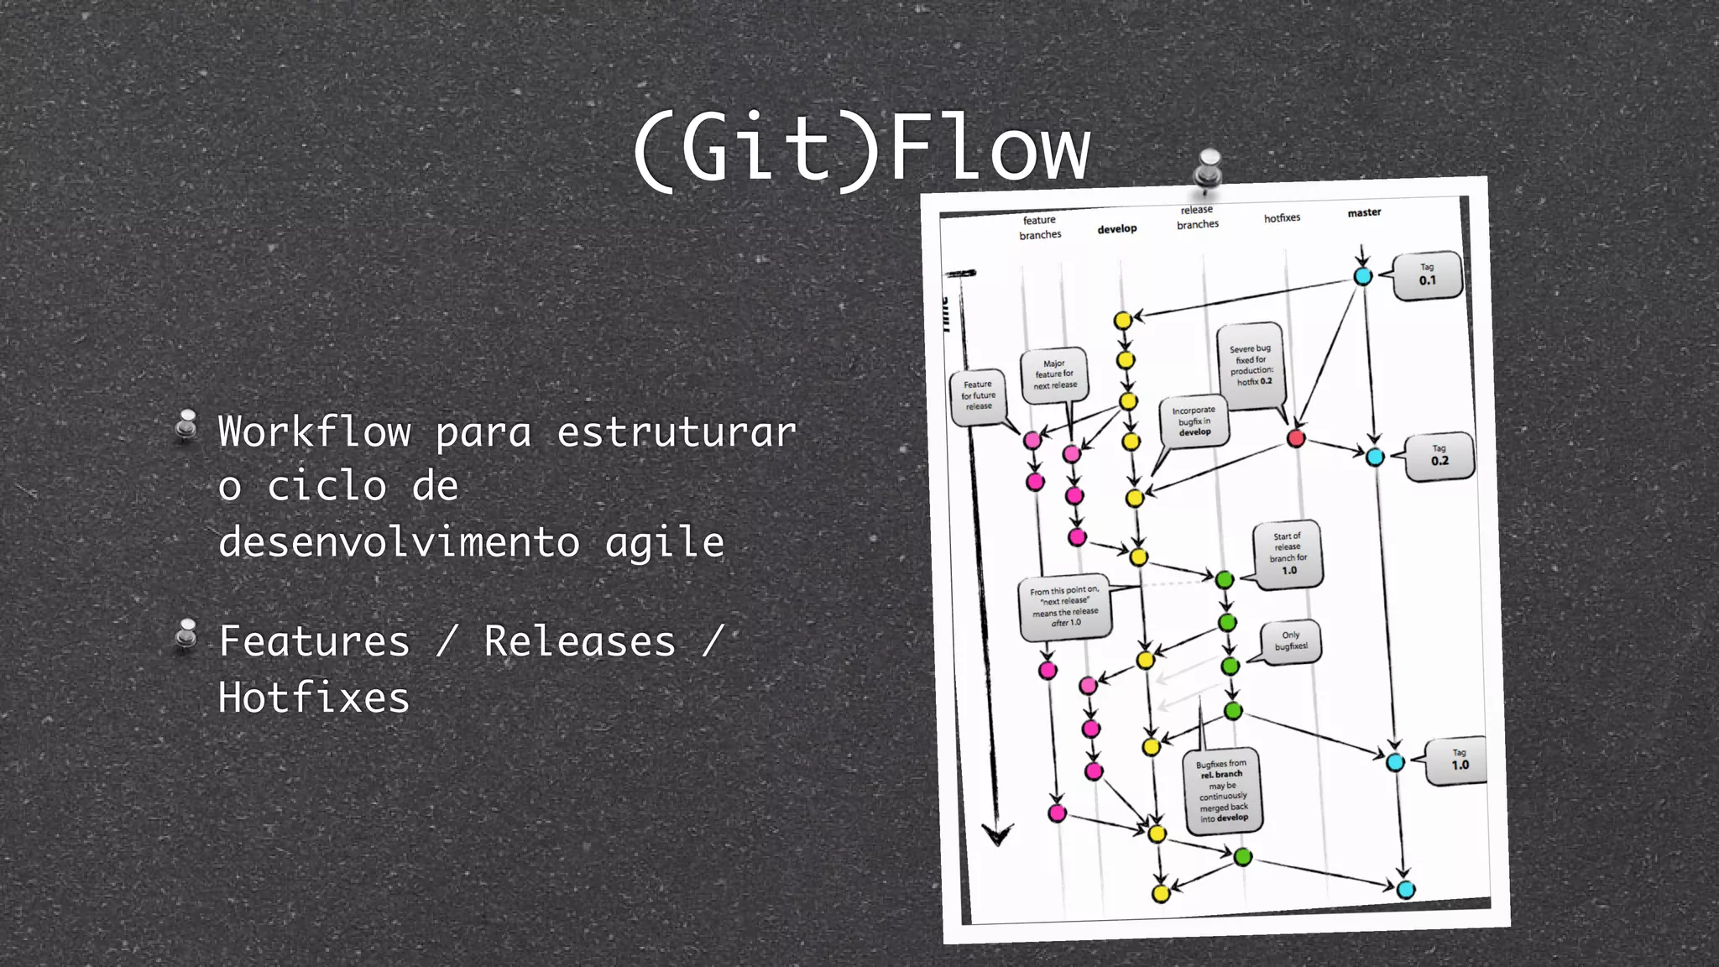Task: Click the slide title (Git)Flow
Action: [861, 149]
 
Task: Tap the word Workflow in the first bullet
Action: [314, 432]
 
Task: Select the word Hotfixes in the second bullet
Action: [314, 698]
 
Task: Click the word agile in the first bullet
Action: [664, 542]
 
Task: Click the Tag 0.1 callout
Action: [1427, 275]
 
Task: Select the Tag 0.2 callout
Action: [1439, 456]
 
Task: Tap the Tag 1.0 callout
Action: [1460, 761]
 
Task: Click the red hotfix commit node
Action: [1296, 438]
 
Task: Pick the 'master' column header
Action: [1364, 213]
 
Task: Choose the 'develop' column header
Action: [1116, 229]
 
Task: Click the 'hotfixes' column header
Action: [1282, 218]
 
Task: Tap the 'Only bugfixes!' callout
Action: [1291, 641]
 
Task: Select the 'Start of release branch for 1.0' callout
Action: [1288, 554]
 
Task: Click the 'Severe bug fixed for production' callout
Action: [1251, 365]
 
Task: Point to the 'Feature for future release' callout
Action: [978, 395]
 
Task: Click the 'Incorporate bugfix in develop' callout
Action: [1194, 421]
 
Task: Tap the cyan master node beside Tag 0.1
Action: [1362, 276]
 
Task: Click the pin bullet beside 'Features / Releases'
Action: [186, 635]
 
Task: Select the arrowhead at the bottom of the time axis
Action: [997, 835]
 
